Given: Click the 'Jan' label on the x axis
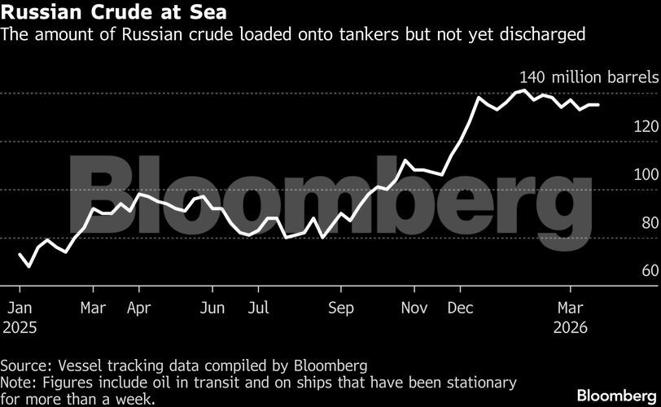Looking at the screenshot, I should tap(20, 308).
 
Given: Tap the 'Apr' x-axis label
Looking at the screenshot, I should tap(139, 308).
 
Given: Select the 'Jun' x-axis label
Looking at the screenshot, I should tap(212, 308).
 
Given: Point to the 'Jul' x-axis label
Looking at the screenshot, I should tap(257, 308).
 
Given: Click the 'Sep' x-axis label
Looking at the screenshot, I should tap(341, 308).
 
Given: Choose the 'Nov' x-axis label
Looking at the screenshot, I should tap(416, 308).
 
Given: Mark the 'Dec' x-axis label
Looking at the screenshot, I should tap(461, 308).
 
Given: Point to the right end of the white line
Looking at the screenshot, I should tap(599, 105).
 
